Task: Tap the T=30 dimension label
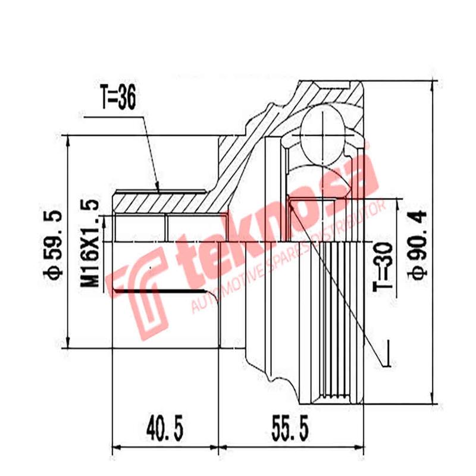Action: tap(385, 266)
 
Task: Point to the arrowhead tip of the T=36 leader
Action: tap(159, 190)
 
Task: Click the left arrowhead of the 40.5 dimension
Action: tap(115, 447)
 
